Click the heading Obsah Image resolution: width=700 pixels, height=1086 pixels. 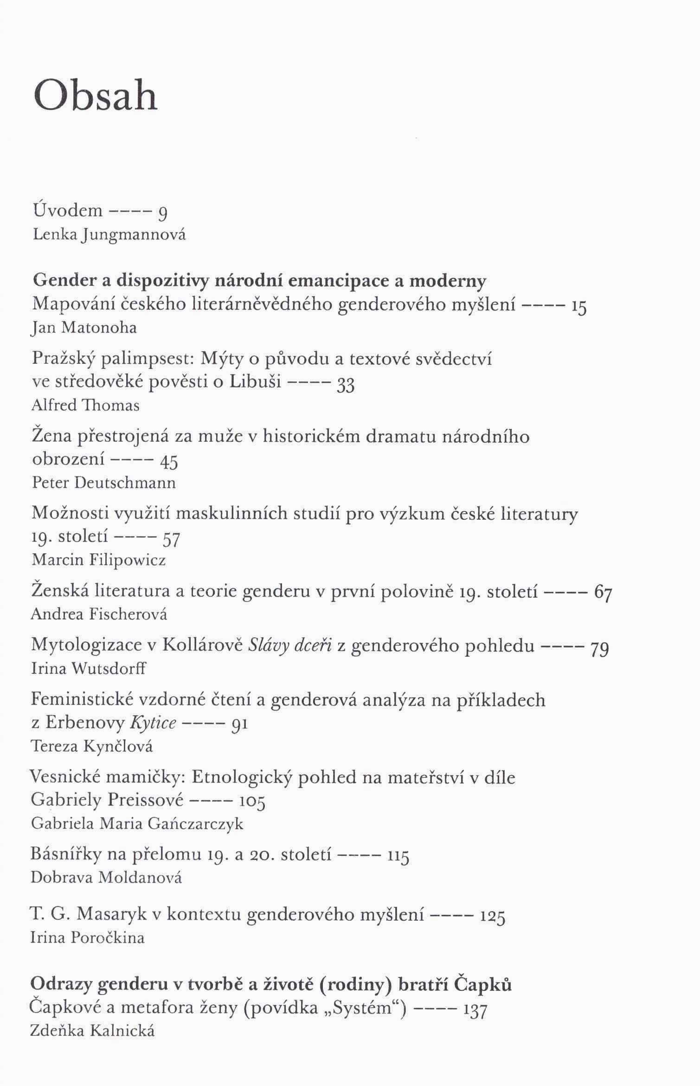click(x=96, y=95)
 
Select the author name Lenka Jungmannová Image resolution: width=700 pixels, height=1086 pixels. click(x=109, y=235)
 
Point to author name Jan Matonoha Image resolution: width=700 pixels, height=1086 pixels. click(x=84, y=329)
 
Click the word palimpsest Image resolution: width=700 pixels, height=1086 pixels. click(x=144, y=359)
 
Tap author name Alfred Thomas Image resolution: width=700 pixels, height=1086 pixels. click(x=85, y=406)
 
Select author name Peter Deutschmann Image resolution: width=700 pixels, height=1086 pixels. click(x=104, y=483)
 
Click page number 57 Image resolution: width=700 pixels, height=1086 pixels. click(x=171, y=538)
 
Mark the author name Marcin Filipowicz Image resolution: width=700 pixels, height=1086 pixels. click(x=99, y=561)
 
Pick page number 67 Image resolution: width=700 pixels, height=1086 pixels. click(x=604, y=593)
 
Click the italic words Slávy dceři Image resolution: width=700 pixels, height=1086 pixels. click(x=290, y=646)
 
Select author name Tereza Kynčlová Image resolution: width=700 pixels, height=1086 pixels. click(x=91, y=746)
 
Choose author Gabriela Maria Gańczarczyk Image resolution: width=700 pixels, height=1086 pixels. click(x=137, y=824)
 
